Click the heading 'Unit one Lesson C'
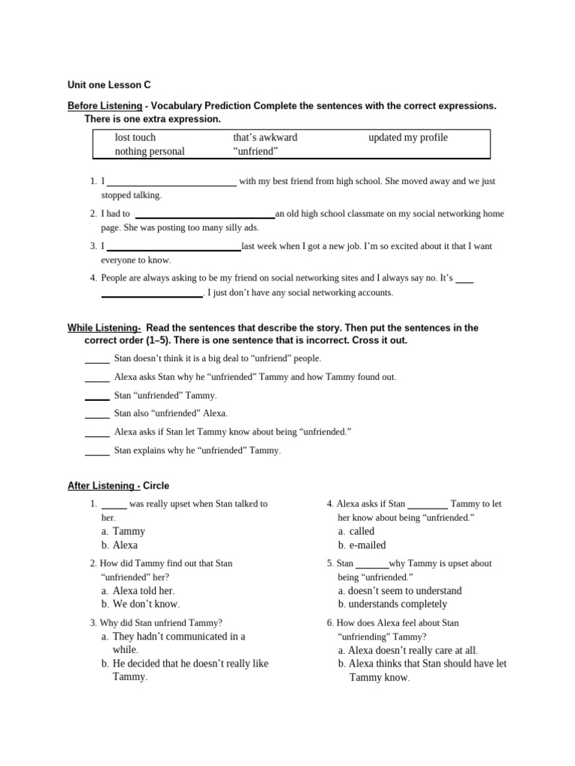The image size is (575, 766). tap(109, 85)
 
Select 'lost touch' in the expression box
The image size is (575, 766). tap(136, 138)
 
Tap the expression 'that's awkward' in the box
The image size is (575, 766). tap(265, 138)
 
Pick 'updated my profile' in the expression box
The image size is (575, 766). tap(408, 138)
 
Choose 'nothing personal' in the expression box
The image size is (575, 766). tap(150, 151)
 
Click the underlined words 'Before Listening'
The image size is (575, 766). tap(105, 106)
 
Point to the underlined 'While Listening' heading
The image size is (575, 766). tap(104, 328)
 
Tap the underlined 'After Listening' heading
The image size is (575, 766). tap(104, 485)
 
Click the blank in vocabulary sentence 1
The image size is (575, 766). tap(172, 182)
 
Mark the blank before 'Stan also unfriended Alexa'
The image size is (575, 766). tap(97, 414)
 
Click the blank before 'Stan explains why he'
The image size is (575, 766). tap(97, 451)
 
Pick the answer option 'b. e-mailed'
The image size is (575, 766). tap(362, 545)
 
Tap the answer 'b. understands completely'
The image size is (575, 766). tap(392, 604)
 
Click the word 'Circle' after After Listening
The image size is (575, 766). tap(156, 485)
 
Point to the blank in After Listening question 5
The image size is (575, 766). tap(371, 564)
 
